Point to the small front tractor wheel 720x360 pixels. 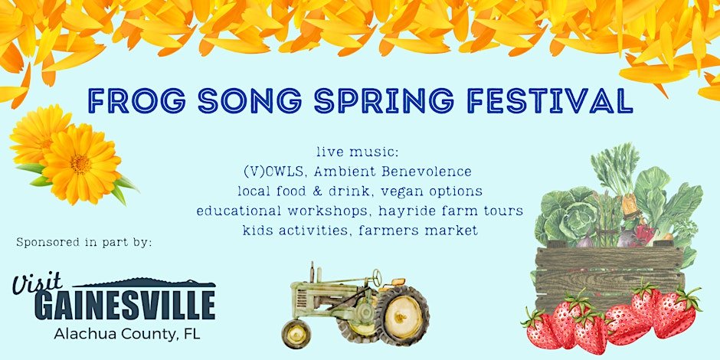pyautogui.click(x=296, y=334)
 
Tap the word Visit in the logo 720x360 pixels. pyautogui.click(x=38, y=283)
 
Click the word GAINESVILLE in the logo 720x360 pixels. pyautogui.click(x=125, y=305)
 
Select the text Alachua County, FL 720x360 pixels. pyautogui.click(x=126, y=334)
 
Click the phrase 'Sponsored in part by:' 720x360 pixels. pyautogui.click(x=83, y=243)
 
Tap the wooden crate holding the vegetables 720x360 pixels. pyautogui.click(x=610, y=277)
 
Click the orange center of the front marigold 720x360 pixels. pyautogui.click(x=80, y=164)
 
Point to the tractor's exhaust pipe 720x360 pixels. pyautogui.click(x=313, y=272)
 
